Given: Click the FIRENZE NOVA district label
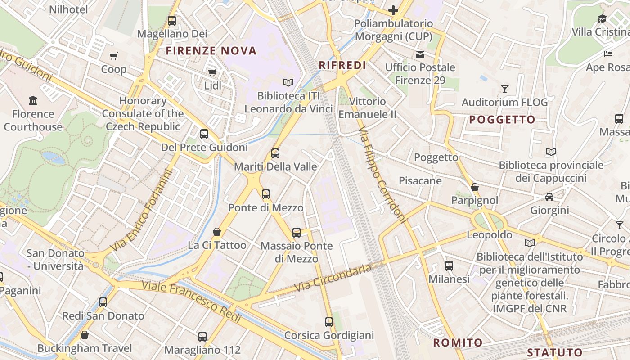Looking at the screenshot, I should pyautogui.click(x=211, y=50).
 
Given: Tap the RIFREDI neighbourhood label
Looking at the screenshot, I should pyautogui.click(x=342, y=65).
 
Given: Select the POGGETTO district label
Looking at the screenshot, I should pyautogui.click(x=502, y=120).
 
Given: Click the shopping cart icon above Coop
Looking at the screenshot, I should pyautogui.click(x=114, y=56).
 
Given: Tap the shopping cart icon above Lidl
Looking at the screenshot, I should pyautogui.click(x=212, y=72).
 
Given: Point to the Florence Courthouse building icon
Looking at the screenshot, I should pyautogui.click(x=33, y=100).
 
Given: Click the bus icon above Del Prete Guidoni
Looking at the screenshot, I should pyautogui.click(x=204, y=134).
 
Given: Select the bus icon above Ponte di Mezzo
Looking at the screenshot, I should pyautogui.click(x=266, y=194).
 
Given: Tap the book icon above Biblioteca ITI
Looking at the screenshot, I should pyautogui.click(x=288, y=82).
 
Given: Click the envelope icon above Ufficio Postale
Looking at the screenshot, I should pyautogui.click(x=420, y=54).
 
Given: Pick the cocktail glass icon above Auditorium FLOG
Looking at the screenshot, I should pyautogui.click(x=505, y=89).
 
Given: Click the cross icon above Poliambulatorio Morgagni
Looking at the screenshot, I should pyautogui.click(x=393, y=10).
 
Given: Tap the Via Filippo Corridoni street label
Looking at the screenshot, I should pyautogui.click(x=382, y=175).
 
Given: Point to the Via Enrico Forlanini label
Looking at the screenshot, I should pyautogui.click(x=142, y=211).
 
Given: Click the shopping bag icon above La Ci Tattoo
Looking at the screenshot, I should pyautogui.click(x=217, y=232).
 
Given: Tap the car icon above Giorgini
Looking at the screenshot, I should pyautogui.click(x=549, y=197).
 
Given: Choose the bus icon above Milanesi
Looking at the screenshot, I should pyautogui.click(x=449, y=265).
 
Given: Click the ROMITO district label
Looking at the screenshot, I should pyautogui.click(x=458, y=342).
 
